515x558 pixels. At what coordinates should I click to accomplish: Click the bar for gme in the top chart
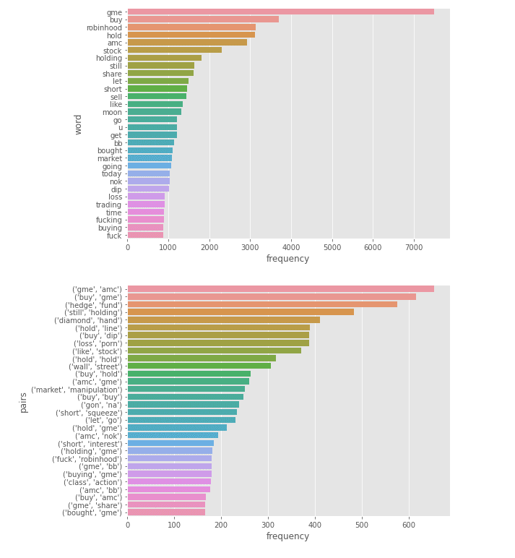(280, 12)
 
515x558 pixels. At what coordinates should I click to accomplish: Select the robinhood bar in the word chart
(191, 27)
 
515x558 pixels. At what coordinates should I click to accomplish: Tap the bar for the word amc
(187, 43)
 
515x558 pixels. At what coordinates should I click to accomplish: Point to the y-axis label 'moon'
(112, 112)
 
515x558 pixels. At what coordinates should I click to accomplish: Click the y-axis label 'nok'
(115, 181)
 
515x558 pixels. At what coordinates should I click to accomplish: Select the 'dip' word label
(116, 189)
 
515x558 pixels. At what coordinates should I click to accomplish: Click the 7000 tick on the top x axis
(414, 247)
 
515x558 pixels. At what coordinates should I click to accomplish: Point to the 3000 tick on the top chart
(251, 247)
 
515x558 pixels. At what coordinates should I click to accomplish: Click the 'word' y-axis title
(79, 124)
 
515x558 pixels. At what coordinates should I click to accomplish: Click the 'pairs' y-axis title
(24, 402)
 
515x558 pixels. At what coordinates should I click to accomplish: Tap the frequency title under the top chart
(287, 259)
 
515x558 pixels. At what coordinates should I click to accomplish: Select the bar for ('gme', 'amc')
(280, 289)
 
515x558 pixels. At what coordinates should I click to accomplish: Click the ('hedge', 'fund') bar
(262, 304)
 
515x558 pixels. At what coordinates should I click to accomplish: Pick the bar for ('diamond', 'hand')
(223, 319)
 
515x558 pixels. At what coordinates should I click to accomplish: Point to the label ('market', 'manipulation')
(77, 390)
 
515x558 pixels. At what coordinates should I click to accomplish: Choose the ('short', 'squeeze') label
(89, 413)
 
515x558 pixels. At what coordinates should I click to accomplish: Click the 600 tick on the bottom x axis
(409, 525)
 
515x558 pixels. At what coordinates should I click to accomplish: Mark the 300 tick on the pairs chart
(268, 525)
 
